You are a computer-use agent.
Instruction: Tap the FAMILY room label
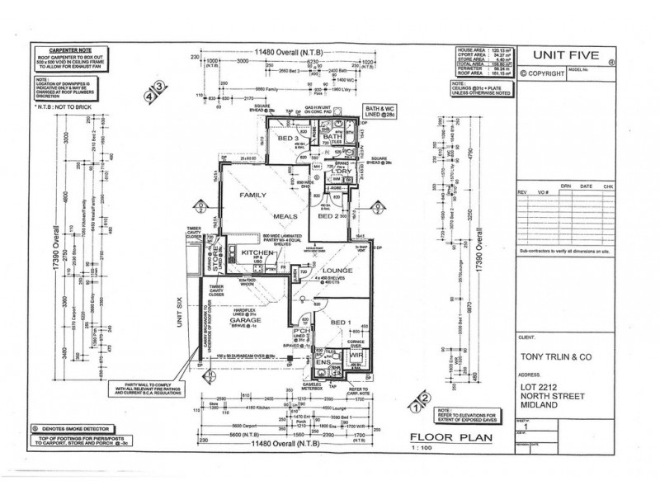[x=256, y=196]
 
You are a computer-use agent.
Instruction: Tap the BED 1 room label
[x=340, y=323]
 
